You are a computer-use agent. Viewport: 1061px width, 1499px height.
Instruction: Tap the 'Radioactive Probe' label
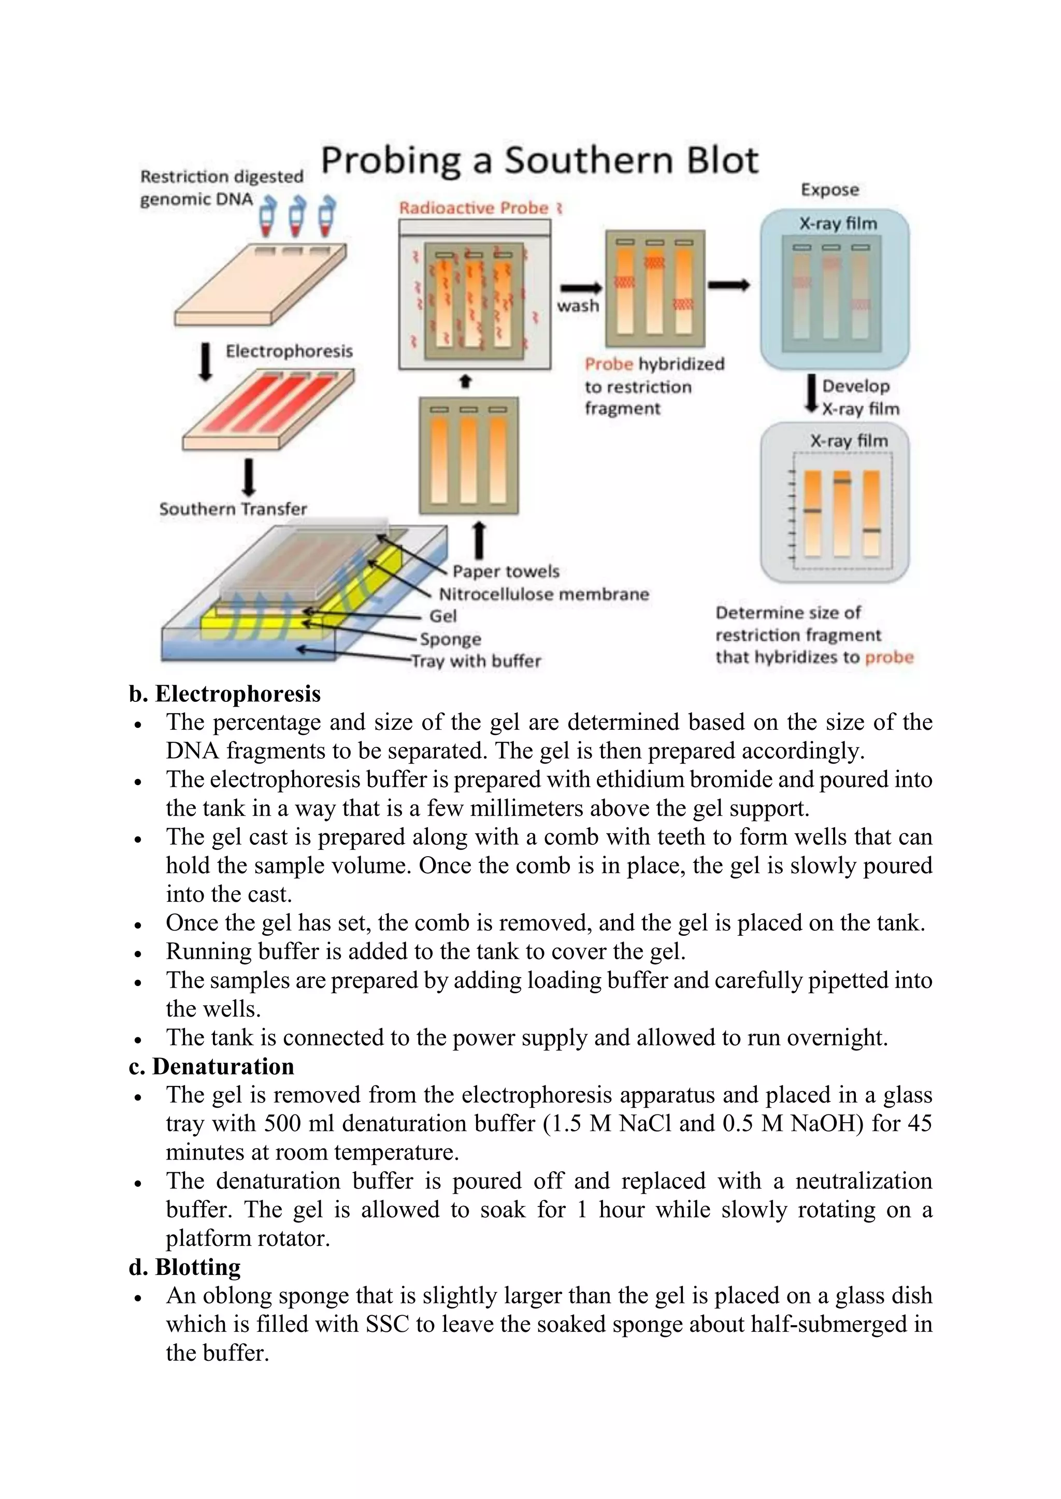[x=474, y=208]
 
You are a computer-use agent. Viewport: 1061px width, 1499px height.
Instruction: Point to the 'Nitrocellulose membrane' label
[x=543, y=594]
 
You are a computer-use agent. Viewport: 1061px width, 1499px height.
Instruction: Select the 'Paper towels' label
[x=506, y=571]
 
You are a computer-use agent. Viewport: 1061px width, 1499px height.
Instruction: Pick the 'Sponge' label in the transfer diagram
[x=450, y=639]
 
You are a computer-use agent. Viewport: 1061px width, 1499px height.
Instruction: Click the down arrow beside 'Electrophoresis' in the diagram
[x=206, y=362]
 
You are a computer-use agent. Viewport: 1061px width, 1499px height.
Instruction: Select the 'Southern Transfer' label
[x=233, y=509]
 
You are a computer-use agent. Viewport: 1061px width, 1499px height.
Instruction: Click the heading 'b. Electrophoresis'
[x=225, y=694]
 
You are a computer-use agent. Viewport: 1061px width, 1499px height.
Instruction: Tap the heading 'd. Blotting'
[x=185, y=1267]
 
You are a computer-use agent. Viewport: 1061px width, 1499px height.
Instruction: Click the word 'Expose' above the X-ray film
[x=830, y=190]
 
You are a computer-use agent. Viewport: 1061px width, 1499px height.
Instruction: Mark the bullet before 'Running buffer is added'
[x=138, y=954]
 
